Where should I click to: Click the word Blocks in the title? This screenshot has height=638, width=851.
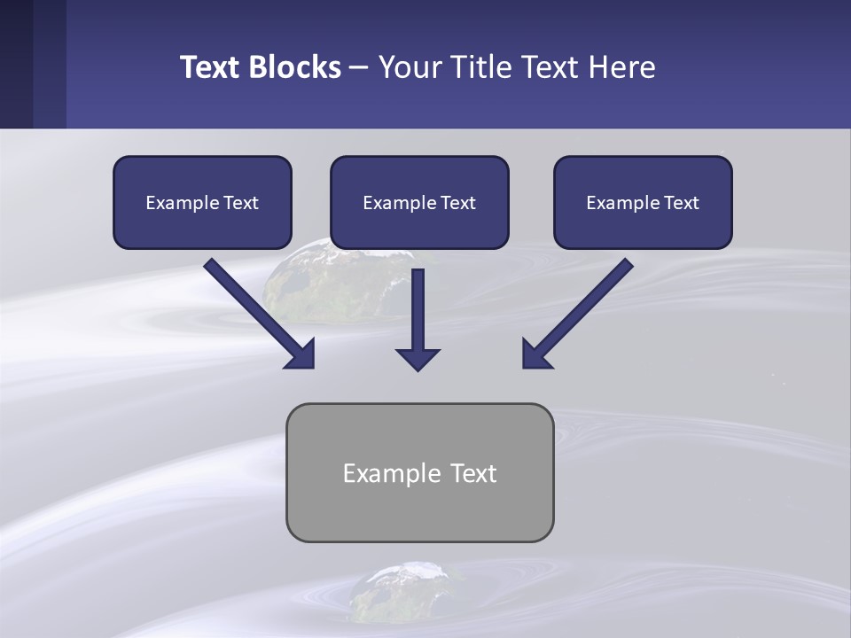tap(295, 67)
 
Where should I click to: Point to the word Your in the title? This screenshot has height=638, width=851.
tap(409, 67)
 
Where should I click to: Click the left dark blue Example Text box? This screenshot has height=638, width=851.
tap(202, 203)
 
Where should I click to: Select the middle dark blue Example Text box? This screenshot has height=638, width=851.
tap(419, 203)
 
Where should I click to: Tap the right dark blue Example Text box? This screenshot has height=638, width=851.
tap(643, 203)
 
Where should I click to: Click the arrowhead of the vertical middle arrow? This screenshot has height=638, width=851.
tap(418, 359)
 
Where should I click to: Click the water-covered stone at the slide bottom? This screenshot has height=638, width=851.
tap(399, 592)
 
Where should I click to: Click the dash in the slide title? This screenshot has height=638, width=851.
tap(360, 67)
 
